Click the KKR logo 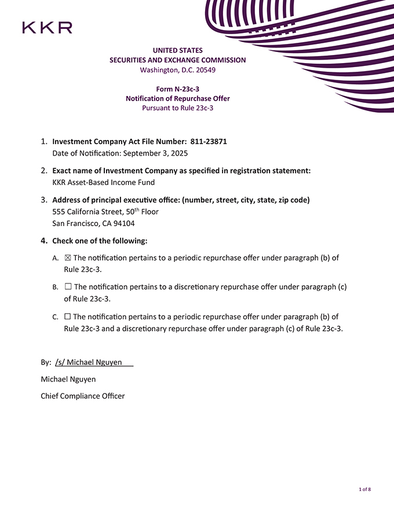point(47,27)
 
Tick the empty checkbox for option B point(68,287)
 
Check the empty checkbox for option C point(68,317)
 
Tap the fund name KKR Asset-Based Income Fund point(103,182)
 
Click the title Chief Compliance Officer point(82,396)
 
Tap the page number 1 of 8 point(364,489)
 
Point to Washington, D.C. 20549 point(177,70)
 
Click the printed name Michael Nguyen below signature point(68,379)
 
